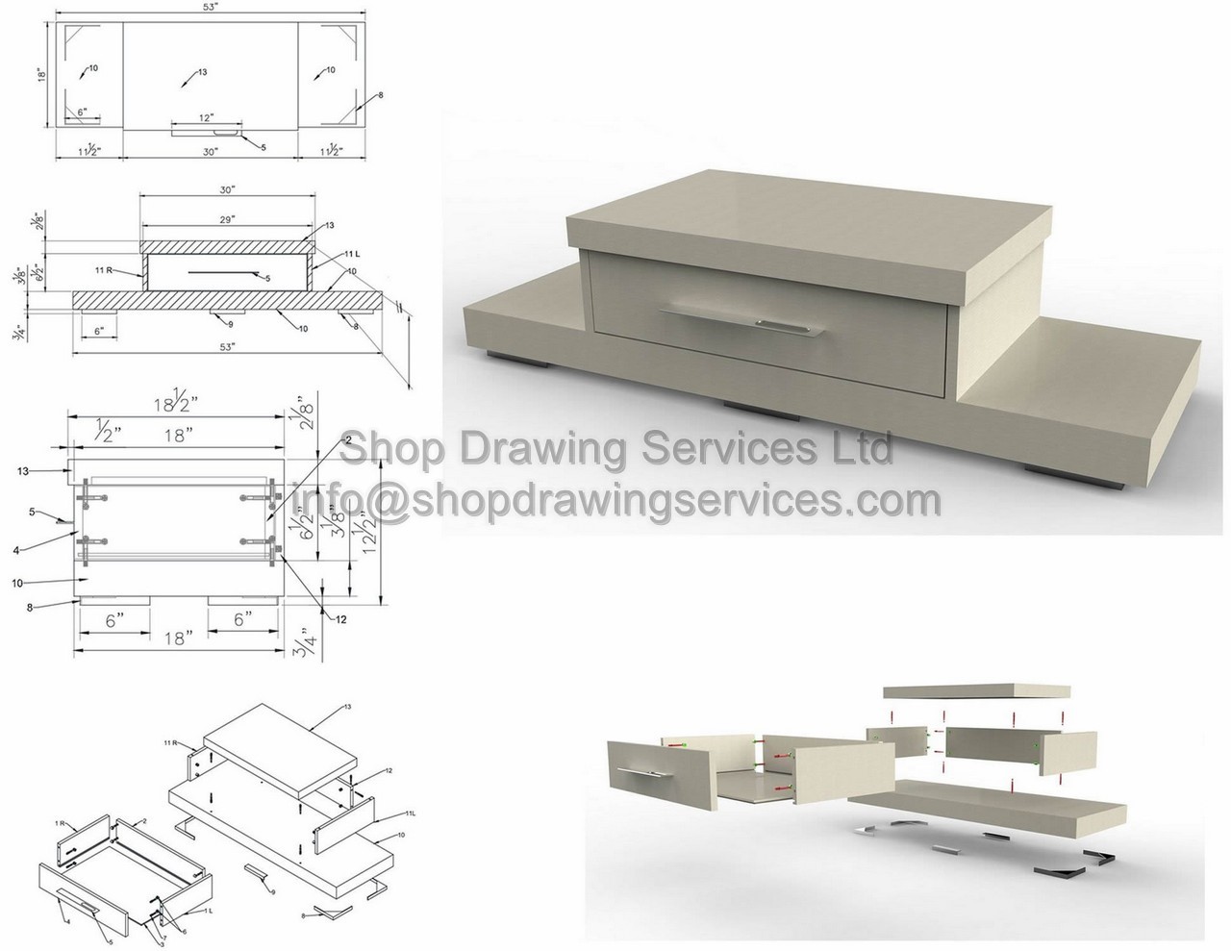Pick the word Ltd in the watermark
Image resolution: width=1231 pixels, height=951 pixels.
pos(858,449)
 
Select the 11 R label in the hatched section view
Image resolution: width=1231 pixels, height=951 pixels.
pos(107,271)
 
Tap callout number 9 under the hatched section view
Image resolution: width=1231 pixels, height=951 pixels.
pos(230,323)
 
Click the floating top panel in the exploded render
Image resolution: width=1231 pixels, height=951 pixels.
pos(976,691)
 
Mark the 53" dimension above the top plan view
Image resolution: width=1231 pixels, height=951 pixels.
pos(211,9)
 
